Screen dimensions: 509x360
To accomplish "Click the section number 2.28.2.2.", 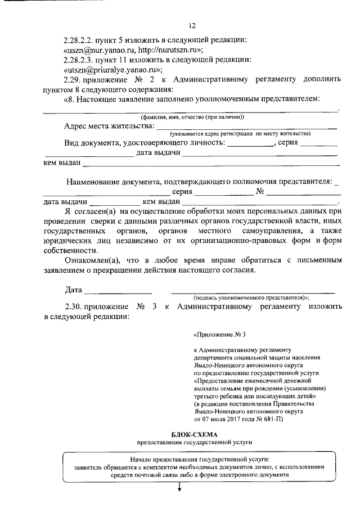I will pyautogui.click(x=81, y=39).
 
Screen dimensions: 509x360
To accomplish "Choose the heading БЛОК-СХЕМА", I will pyautogui.click(x=193, y=434).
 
